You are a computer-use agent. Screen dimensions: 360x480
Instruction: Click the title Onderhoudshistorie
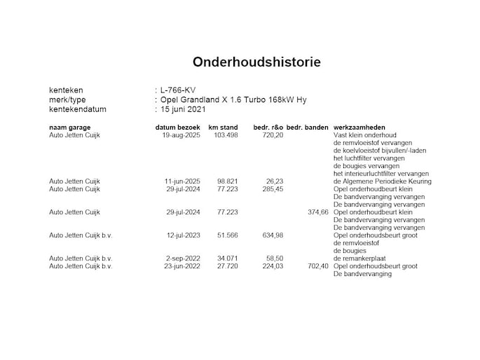click(x=256, y=62)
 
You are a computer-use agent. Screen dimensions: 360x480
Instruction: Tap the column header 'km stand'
click(x=224, y=127)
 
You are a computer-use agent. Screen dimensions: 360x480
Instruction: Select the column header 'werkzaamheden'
click(x=364, y=127)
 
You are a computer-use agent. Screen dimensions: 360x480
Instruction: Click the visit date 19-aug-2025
click(x=181, y=134)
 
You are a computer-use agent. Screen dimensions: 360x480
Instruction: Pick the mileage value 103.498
click(x=224, y=134)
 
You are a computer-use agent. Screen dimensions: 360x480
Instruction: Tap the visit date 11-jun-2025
click(x=181, y=181)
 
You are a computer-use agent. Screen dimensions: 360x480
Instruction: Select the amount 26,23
click(x=275, y=181)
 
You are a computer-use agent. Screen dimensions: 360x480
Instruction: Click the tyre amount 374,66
click(x=317, y=212)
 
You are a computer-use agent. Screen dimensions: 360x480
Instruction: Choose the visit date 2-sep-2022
click(x=183, y=258)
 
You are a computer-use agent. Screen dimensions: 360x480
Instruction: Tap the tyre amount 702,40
click(x=317, y=266)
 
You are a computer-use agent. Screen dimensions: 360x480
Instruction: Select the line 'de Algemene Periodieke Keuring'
click(x=383, y=181)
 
